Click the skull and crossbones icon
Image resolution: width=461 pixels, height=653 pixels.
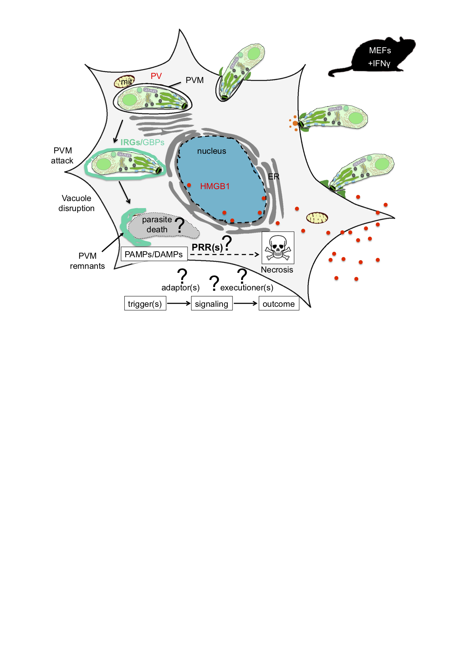278,248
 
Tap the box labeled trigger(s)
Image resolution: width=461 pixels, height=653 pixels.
145,304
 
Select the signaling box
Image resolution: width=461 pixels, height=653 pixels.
211,304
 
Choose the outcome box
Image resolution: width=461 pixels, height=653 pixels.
279,304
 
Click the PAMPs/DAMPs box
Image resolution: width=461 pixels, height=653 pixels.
154,254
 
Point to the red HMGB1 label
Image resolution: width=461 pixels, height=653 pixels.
215,186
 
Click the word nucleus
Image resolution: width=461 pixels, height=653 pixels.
211,151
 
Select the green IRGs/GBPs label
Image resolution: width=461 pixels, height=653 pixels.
142,142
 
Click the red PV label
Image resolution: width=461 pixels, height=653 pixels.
156,76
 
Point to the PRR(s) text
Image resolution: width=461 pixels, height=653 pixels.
207,247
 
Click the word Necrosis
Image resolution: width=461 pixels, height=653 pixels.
277,270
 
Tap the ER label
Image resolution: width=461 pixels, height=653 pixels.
273,176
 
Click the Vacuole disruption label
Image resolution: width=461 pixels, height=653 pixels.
76,203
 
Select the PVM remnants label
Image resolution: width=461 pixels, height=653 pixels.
87,261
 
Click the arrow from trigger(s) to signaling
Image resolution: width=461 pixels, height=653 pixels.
178,303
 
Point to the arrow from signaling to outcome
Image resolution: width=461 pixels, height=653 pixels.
245,303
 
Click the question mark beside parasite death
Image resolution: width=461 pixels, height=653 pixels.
180,225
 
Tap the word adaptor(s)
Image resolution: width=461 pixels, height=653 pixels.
180,288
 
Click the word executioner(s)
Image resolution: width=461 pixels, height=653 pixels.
247,288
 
